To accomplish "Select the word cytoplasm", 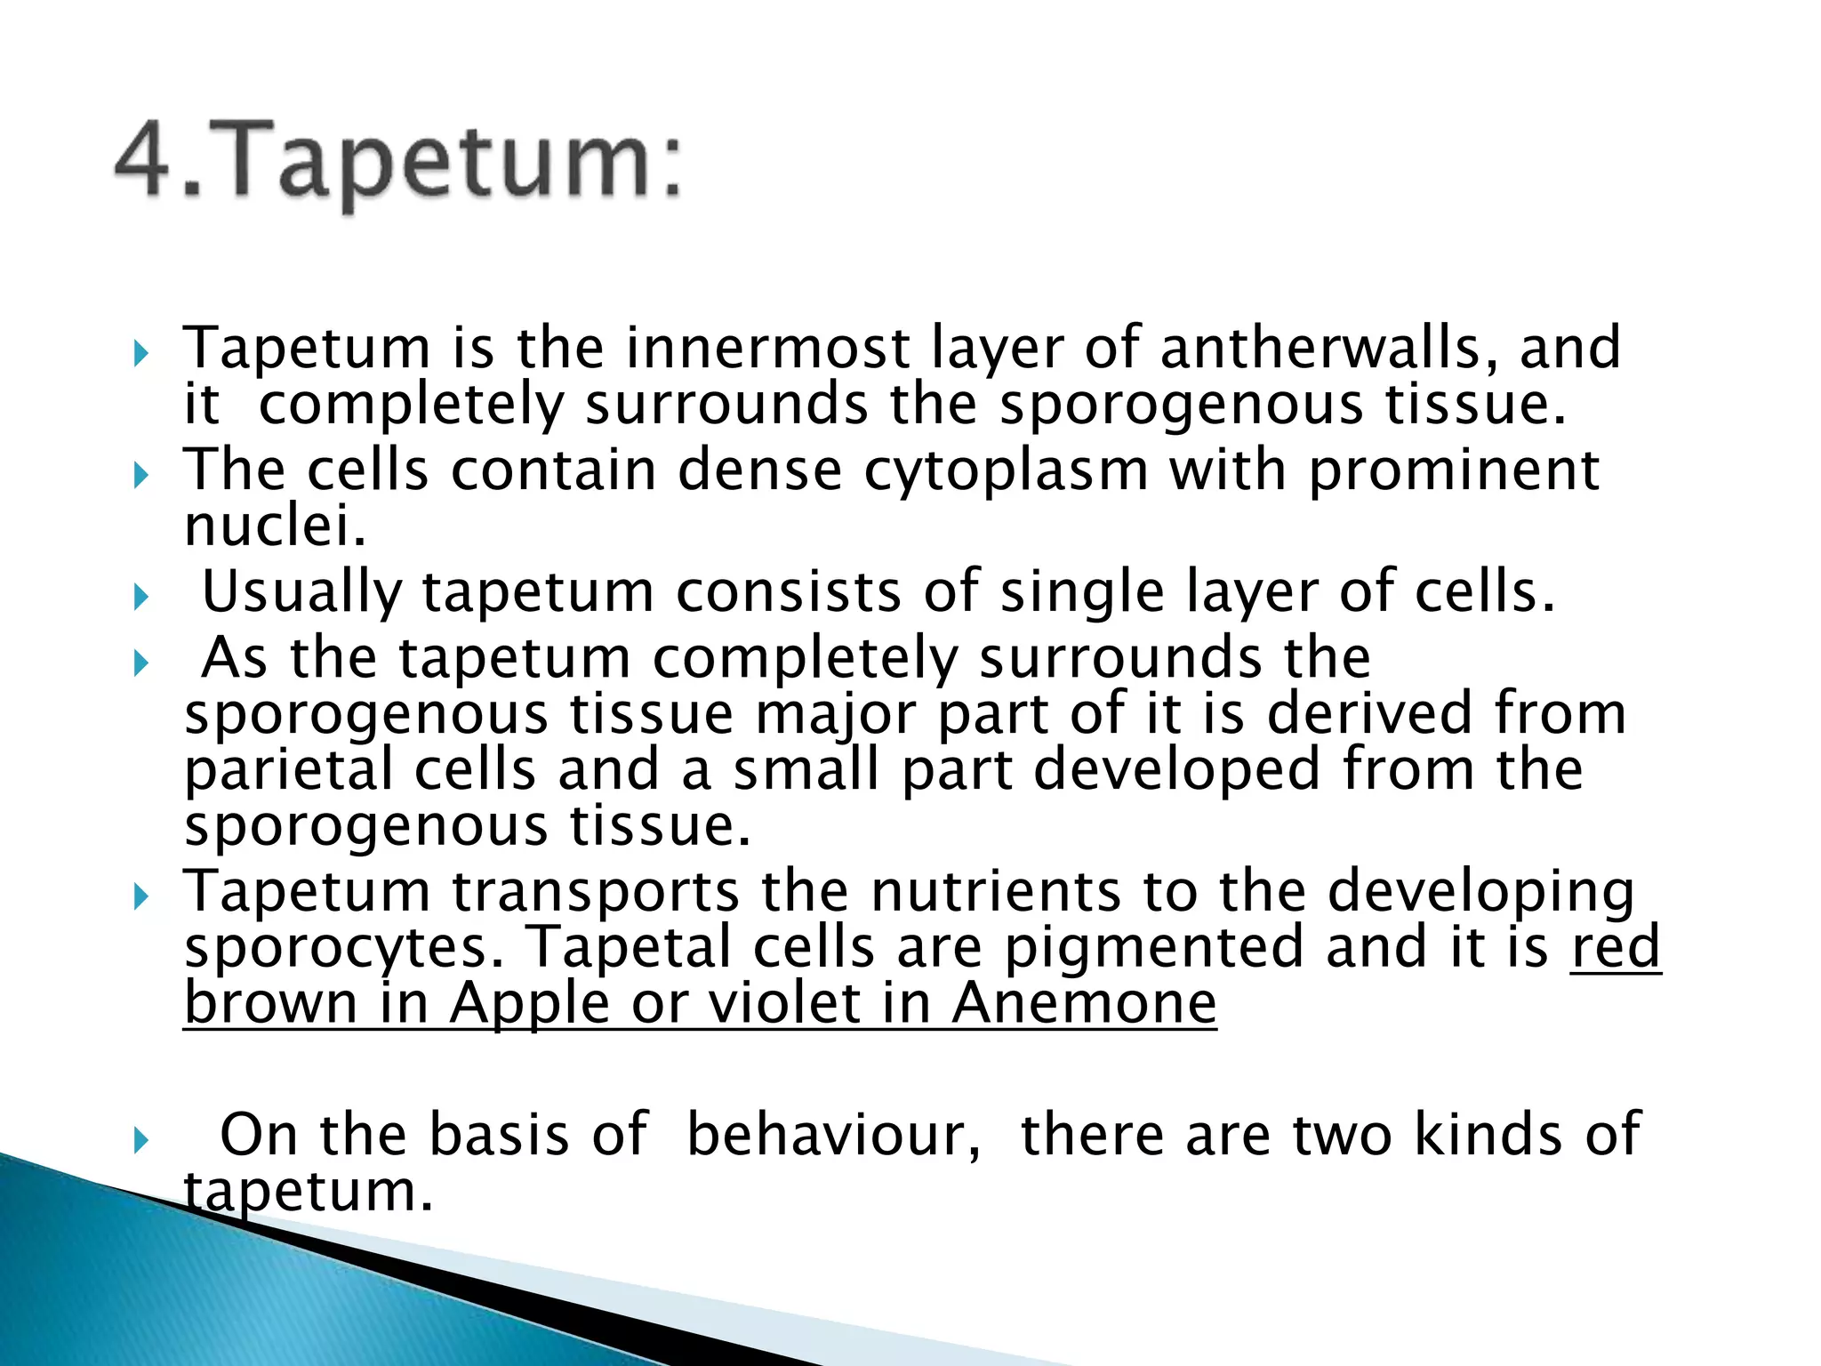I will point(1006,471).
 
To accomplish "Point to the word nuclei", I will point(274,526).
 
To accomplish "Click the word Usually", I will point(301,592).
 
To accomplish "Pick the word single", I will point(1082,592).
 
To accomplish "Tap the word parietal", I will point(288,770).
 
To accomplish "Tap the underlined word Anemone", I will point(1084,1003).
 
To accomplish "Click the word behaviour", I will point(833,1135).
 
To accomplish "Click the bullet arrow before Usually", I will point(140,598).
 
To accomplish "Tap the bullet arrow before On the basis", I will point(140,1140).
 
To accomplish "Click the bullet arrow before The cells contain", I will point(140,477).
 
